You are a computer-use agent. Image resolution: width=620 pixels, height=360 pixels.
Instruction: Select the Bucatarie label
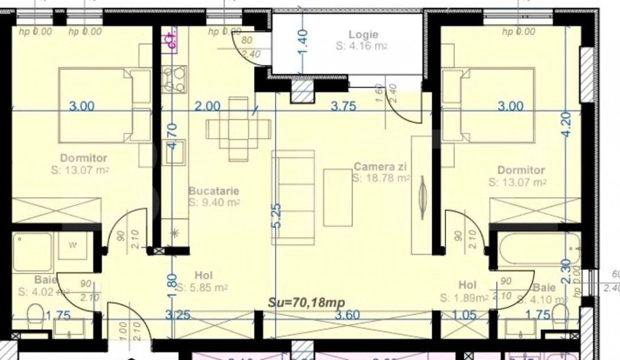pos(213,191)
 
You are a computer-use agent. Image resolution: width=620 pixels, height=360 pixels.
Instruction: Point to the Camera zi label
pos(380,166)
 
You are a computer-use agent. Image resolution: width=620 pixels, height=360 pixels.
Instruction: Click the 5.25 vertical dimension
pos(277,215)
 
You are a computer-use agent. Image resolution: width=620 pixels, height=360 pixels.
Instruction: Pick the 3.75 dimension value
pos(343,106)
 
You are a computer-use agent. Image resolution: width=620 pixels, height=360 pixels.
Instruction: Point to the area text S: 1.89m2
pos(464,298)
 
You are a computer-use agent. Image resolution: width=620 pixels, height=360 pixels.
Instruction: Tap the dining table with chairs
pos(239,129)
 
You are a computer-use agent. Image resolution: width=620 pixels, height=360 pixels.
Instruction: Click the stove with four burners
pos(174,79)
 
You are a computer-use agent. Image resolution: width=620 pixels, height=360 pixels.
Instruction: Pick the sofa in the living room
pos(294,197)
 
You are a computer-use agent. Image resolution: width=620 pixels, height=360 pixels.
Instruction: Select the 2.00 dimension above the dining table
pos(207,106)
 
